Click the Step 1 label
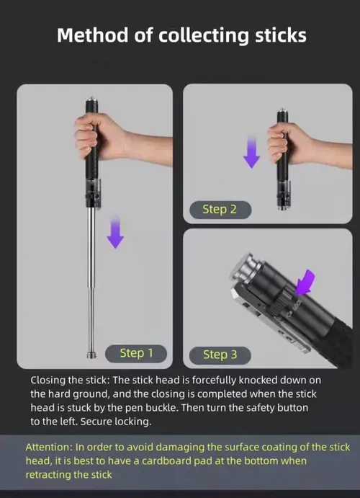(136, 352)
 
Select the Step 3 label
(220, 354)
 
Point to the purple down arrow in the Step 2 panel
(251, 153)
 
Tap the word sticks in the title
(274, 35)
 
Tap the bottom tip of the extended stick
(91, 355)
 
